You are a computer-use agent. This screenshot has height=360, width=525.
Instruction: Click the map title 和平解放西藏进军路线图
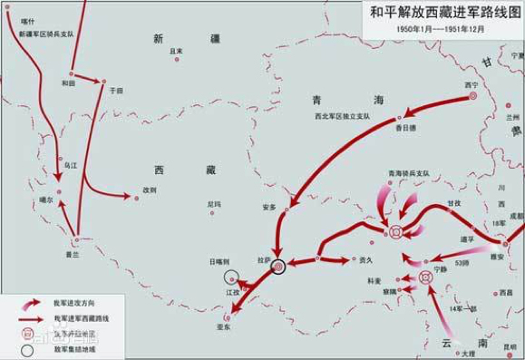(x=447, y=12)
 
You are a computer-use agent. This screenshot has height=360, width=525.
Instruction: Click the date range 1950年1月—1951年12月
(x=446, y=28)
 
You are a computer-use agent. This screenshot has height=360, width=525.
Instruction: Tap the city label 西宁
(x=470, y=85)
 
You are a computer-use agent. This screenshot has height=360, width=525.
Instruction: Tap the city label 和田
(x=68, y=83)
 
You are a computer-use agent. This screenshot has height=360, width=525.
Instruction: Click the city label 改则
(x=150, y=190)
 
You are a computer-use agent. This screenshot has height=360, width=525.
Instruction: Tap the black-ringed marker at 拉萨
(x=279, y=266)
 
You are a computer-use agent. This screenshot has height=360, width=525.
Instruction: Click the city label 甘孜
(x=428, y=204)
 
